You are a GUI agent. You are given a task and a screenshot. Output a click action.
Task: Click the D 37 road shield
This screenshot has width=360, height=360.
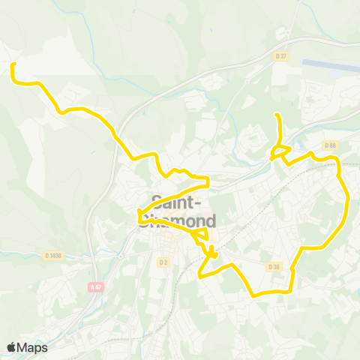[281, 56]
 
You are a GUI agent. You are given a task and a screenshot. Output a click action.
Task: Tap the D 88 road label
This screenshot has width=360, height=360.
[330, 145]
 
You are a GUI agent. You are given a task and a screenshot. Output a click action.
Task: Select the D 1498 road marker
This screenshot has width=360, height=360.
[53, 256]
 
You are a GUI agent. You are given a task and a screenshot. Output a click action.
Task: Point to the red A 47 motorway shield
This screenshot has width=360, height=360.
[95, 286]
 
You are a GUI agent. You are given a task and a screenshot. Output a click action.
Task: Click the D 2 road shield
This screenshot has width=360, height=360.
[163, 262]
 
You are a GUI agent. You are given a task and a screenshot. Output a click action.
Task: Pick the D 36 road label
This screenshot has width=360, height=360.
[274, 266]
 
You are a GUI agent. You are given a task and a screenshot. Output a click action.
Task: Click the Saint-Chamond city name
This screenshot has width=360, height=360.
[184, 211]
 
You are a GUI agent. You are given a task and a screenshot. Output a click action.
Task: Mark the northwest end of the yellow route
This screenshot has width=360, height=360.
[12, 66]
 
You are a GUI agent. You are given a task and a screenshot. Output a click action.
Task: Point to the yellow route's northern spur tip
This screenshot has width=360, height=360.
[277, 115]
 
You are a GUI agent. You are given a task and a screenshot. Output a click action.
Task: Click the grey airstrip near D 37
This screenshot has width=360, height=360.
[330, 66]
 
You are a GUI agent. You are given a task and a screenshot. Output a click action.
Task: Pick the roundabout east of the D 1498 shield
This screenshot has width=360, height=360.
[118, 255]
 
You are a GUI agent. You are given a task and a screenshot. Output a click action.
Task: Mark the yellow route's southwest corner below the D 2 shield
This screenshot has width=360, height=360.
[199, 275]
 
